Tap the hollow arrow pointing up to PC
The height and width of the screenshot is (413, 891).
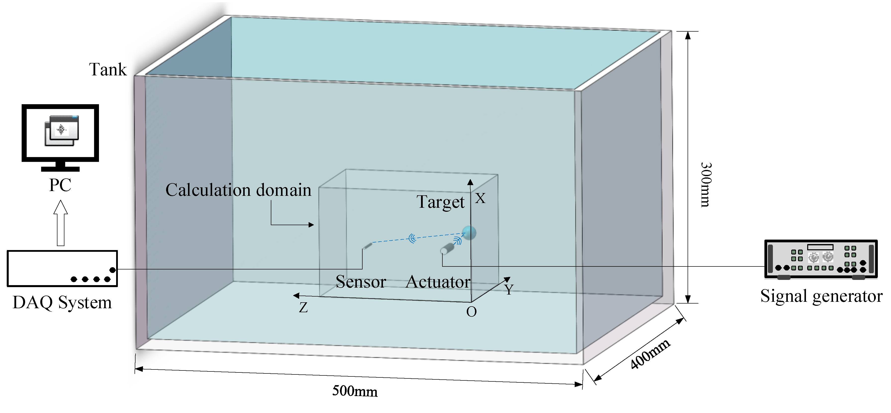point(60,223)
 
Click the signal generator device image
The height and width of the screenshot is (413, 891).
point(820,259)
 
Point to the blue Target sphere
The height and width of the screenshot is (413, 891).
point(469,233)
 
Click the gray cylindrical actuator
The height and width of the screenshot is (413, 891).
point(447,249)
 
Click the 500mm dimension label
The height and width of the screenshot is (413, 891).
point(355,391)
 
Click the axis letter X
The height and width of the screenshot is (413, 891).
point(480,198)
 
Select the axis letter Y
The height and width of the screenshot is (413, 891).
point(509,289)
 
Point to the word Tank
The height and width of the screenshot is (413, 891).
point(108,70)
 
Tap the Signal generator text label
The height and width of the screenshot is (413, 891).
point(821,296)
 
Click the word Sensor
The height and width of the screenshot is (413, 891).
point(361,282)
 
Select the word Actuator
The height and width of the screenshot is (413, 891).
point(438,282)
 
